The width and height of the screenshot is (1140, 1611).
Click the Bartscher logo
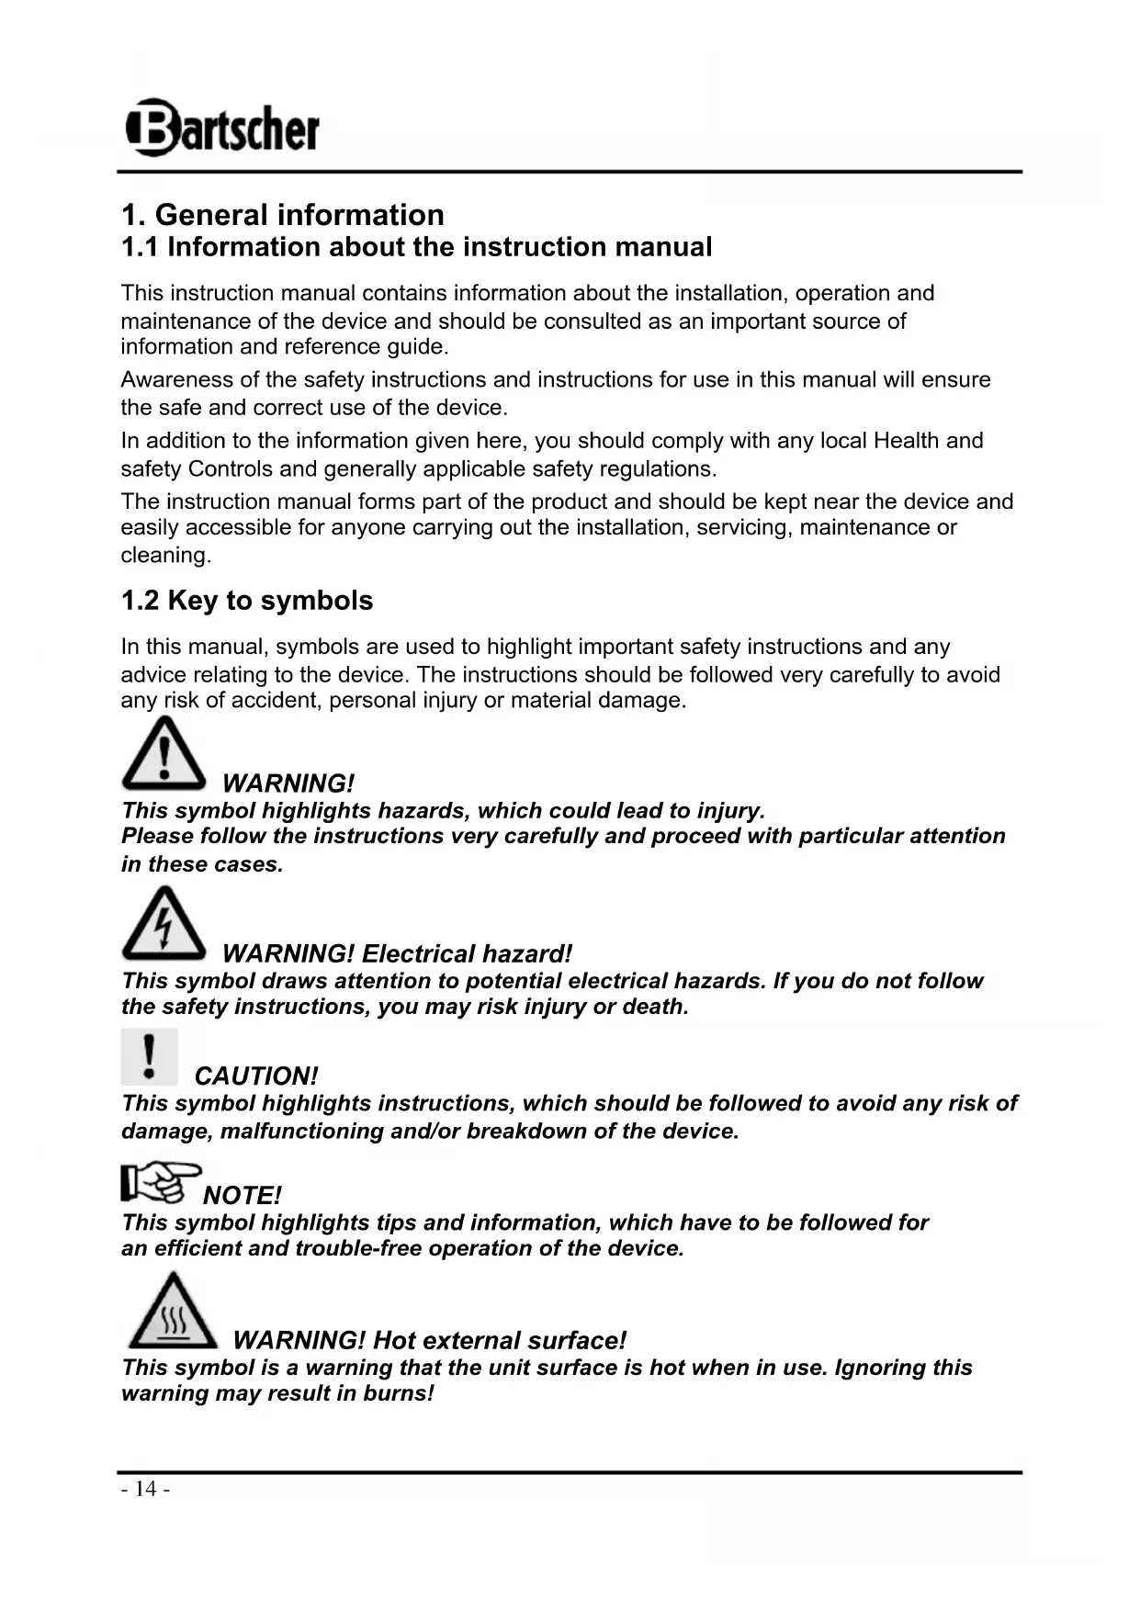coord(222,128)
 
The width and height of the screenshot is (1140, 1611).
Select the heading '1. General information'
coord(282,215)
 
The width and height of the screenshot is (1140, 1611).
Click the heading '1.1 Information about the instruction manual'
coord(416,247)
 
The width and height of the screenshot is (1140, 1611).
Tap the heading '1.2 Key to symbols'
coord(247,601)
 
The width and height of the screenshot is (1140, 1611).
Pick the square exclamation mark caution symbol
coord(149,1057)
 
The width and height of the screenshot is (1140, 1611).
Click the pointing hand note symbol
coord(160,1182)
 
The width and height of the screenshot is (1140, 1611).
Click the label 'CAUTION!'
coord(256,1076)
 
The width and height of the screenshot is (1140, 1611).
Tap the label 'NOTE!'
coord(242,1196)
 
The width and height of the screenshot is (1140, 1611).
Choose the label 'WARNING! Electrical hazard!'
coord(397,954)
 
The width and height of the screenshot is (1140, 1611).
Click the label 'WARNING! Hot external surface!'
coord(429,1341)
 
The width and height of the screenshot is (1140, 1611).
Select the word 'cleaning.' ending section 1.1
coord(166,556)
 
